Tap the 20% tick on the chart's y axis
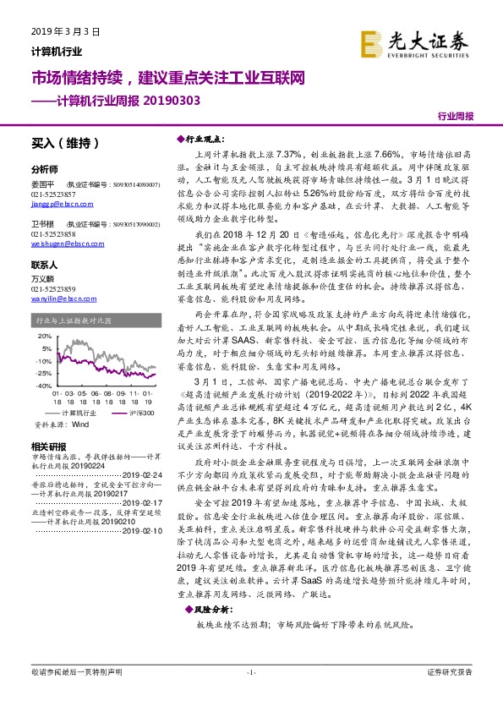43,335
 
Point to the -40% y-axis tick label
42,384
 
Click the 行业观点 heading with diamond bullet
204,138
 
